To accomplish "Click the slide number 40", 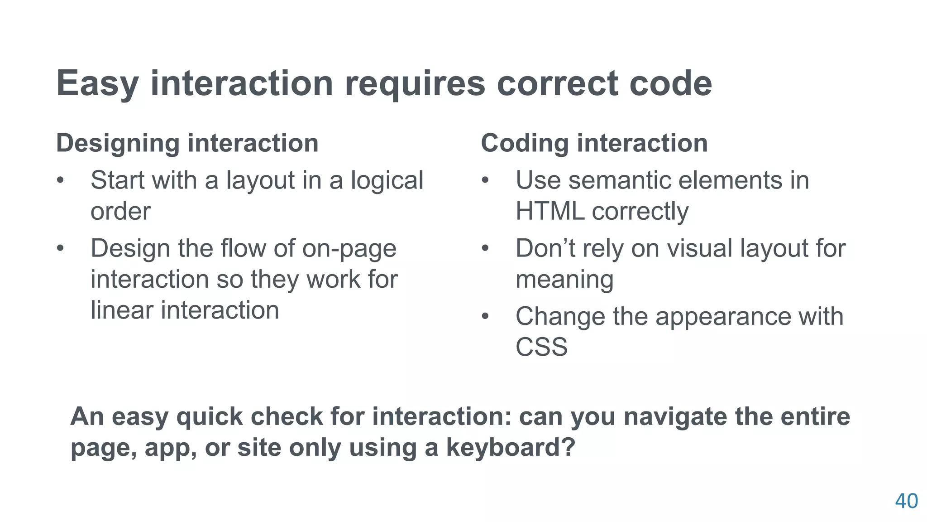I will pyautogui.click(x=906, y=501).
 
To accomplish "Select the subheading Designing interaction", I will pyautogui.click(x=187, y=143).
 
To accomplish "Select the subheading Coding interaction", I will pyautogui.click(x=594, y=143).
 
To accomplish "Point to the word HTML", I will pyautogui.click(x=550, y=211).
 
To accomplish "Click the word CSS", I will pyautogui.click(x=541, y=347).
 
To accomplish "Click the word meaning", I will pyautogui.click(x=564, y=279).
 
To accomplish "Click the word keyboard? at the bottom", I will pyautogui.click(x=511, y=448).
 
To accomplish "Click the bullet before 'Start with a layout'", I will pyautogui.click(x=61, y=181).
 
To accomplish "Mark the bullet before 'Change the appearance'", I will pyautogui.click(x=486, y=317).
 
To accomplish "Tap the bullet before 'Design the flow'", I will pyautogui.click(x=61, y=249).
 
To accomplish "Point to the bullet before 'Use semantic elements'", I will pyautogui.click(x=486, y=181).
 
